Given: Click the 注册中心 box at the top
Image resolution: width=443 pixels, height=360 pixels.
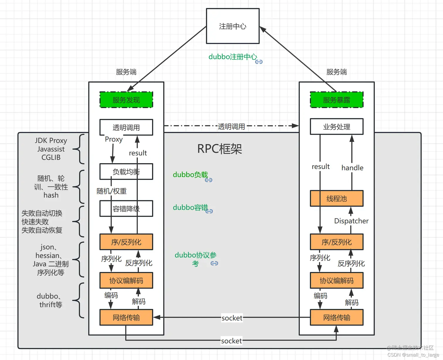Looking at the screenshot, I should [x=233, y=26].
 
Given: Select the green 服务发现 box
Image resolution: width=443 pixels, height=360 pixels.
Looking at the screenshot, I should [x=126, y=100].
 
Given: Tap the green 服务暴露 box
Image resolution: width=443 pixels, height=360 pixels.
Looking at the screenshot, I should [x=336, y=100].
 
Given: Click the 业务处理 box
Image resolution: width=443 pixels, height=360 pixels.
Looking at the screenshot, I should [x=336, y=127].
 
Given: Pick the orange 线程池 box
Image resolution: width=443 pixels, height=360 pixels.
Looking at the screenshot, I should [x=336, y=199].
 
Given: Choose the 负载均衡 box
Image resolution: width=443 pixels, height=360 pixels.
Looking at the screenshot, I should [x=126, y=172].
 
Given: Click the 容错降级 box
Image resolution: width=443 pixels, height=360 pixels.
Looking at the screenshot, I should [x=126, y=209].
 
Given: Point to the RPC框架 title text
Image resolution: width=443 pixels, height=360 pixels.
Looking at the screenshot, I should [x=219, y=149].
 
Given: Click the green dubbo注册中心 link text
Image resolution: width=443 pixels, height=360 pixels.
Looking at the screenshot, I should [x=233, y=57].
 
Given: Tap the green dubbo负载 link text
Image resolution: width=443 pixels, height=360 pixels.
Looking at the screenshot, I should [x=190, y=175].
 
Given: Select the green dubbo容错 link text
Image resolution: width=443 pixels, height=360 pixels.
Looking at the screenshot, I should [x=190, y=207].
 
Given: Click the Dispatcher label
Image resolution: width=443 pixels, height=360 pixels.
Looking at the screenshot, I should [x=351, y=221].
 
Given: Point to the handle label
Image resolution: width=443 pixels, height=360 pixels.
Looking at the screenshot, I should [x=352, y=168].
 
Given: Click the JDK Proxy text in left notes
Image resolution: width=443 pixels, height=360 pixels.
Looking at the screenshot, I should [x=51, y=141].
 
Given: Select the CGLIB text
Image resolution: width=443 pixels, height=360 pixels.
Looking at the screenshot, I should [x=51, y=158].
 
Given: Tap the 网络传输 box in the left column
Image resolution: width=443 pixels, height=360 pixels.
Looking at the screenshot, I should [x=126, y=318].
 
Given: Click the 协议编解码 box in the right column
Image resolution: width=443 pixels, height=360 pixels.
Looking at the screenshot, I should [x=336, y=281].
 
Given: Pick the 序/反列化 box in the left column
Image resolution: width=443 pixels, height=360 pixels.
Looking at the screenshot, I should [x=126, y=242].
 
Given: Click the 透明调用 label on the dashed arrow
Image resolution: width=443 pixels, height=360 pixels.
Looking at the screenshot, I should [x=231, y=127].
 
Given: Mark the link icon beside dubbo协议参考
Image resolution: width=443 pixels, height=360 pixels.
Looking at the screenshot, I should [x=214, y=263].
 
